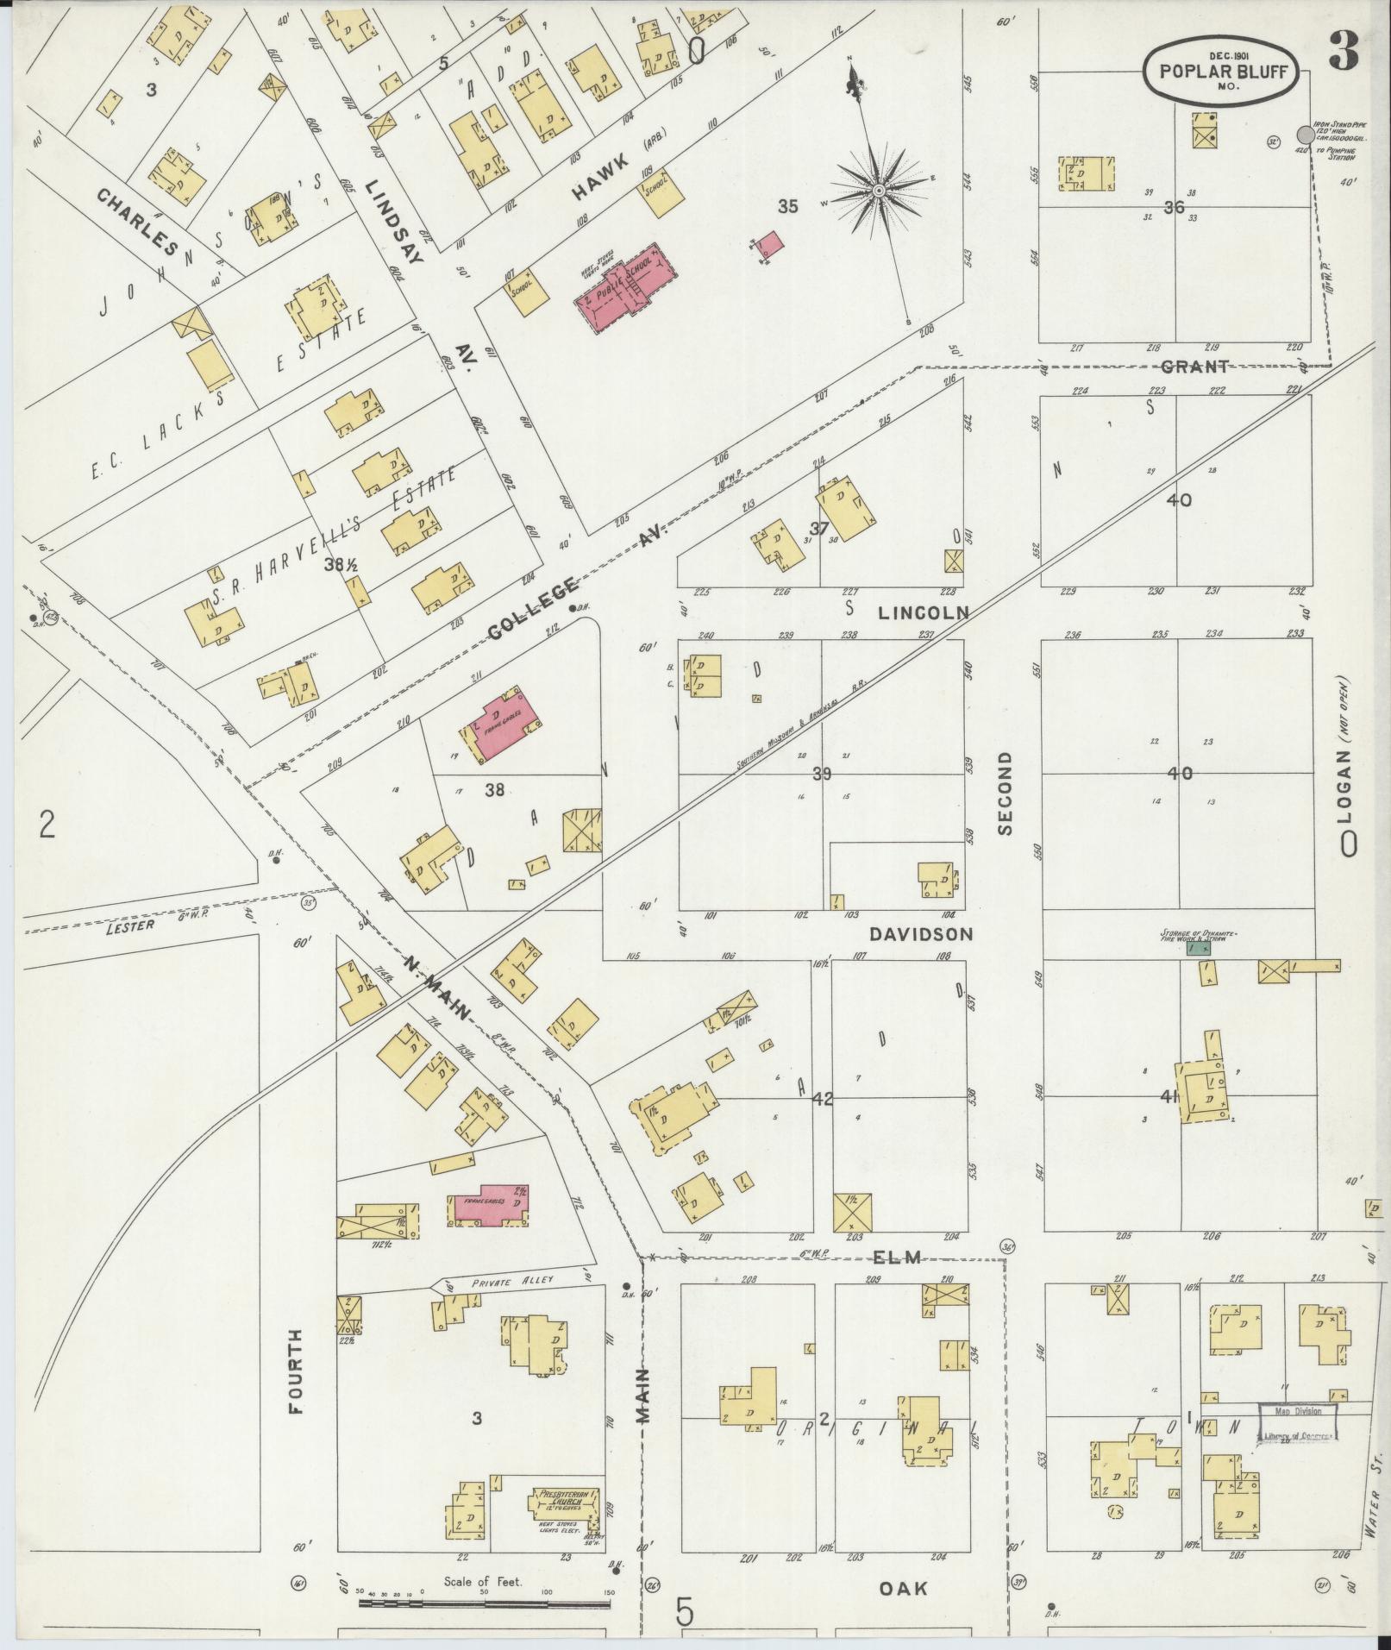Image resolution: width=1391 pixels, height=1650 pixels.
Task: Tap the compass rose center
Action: (878, 190)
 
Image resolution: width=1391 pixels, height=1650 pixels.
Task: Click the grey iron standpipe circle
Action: (1306, 135)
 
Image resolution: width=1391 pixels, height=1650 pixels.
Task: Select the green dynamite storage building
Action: (1198, 948)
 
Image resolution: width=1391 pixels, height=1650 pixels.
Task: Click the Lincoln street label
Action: (924, 613)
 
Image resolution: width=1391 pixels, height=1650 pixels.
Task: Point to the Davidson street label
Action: (921, 934)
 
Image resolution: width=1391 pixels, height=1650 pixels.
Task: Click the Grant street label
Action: (1194, 367)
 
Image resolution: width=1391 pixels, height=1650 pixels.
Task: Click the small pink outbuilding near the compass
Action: (770, 242)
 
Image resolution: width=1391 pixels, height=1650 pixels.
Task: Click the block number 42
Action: (823, 1099)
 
